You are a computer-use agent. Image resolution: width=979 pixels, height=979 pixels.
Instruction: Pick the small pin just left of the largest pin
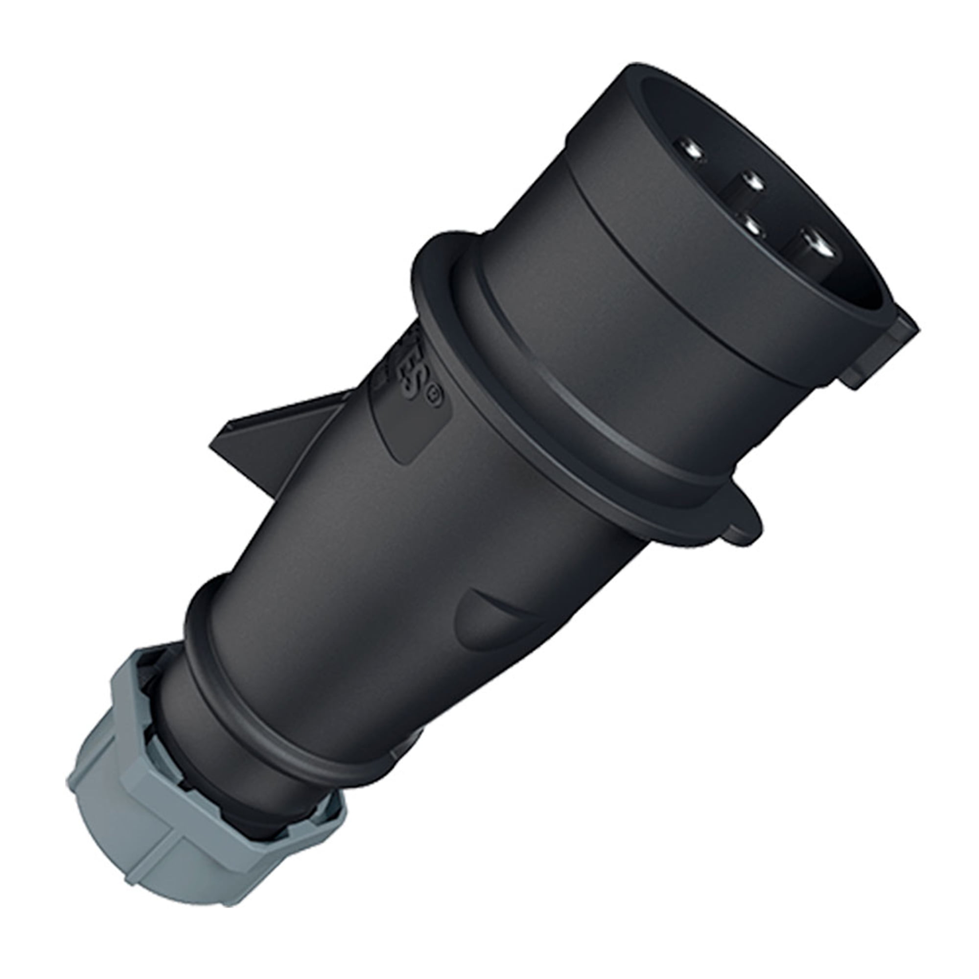(x=750, y=227)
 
